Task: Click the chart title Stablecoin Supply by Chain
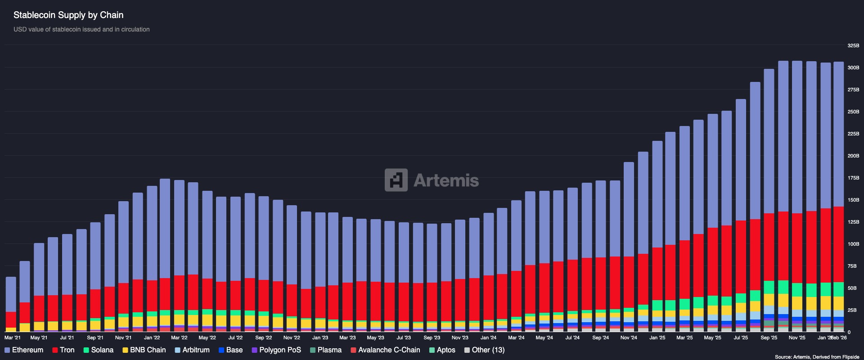tap(68, 15)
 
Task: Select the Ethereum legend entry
tap(24, 350)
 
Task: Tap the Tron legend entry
tap(63, 350)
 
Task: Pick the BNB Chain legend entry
tap(144, 350)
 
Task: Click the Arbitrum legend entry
tap(192, 350)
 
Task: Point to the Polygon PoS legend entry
tap(276, 350)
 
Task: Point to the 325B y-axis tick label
tap(853, 45)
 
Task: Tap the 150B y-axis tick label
tap(853, 200)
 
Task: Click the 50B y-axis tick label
tap(852, 288)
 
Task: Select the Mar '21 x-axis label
tap(12, 337)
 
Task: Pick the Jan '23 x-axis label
tap(320, 337)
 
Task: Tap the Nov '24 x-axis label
tap(629, 337)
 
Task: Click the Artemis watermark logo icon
tap(396, 180)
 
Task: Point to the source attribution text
tap(817, 357)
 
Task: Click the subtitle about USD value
tap(81, 29)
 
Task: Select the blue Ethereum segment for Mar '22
tap(179, 227)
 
